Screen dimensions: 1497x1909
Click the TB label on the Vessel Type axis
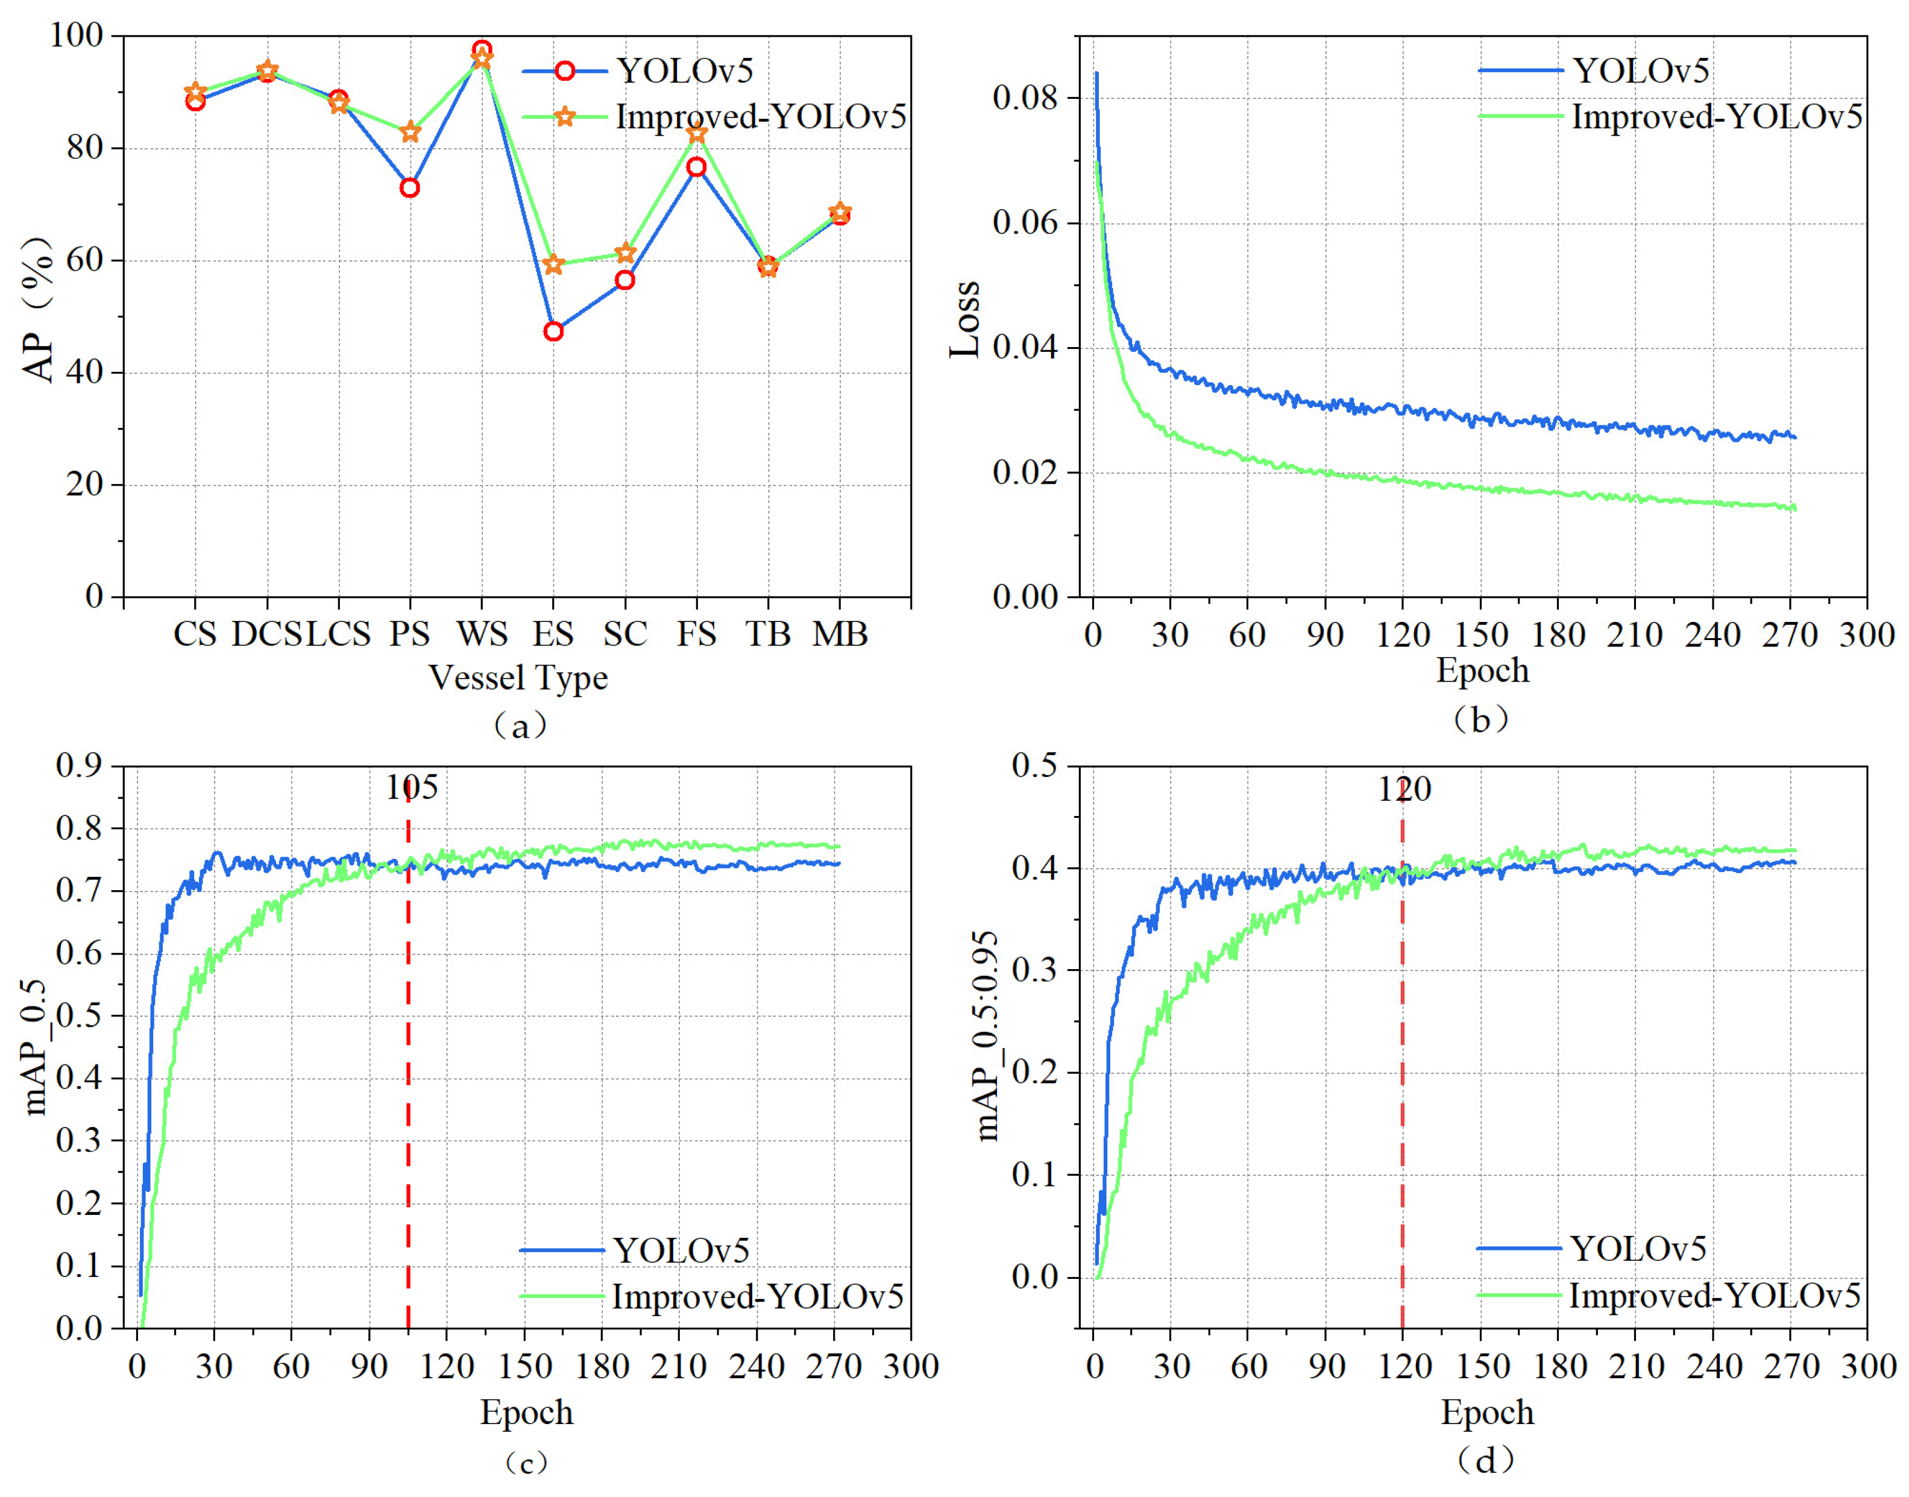tap(768, 633)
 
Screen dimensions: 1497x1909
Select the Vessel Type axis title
tap(517, 677)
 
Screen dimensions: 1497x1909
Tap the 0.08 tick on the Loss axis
tap(1025, 97)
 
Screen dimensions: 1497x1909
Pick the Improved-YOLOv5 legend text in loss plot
tap(1716, 116)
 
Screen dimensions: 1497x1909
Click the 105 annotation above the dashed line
tap(411, 788)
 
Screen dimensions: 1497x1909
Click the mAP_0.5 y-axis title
tap(35, 1047)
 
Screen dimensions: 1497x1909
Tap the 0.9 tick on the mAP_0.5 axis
tap(79, 765)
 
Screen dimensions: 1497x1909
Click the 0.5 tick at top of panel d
tap(1034, 765)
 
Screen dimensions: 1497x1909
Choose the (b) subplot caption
tap(1480, 720)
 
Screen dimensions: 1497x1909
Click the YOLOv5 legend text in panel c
tap(681, 1251)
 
